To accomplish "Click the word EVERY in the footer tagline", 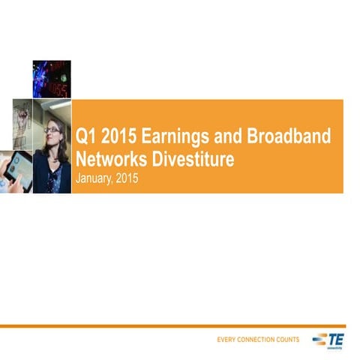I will tap(227, 340).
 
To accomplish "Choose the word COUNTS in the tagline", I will tap(289, 340).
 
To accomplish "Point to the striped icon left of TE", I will tap(319, 339).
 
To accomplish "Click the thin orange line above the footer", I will tap(180, 326).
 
